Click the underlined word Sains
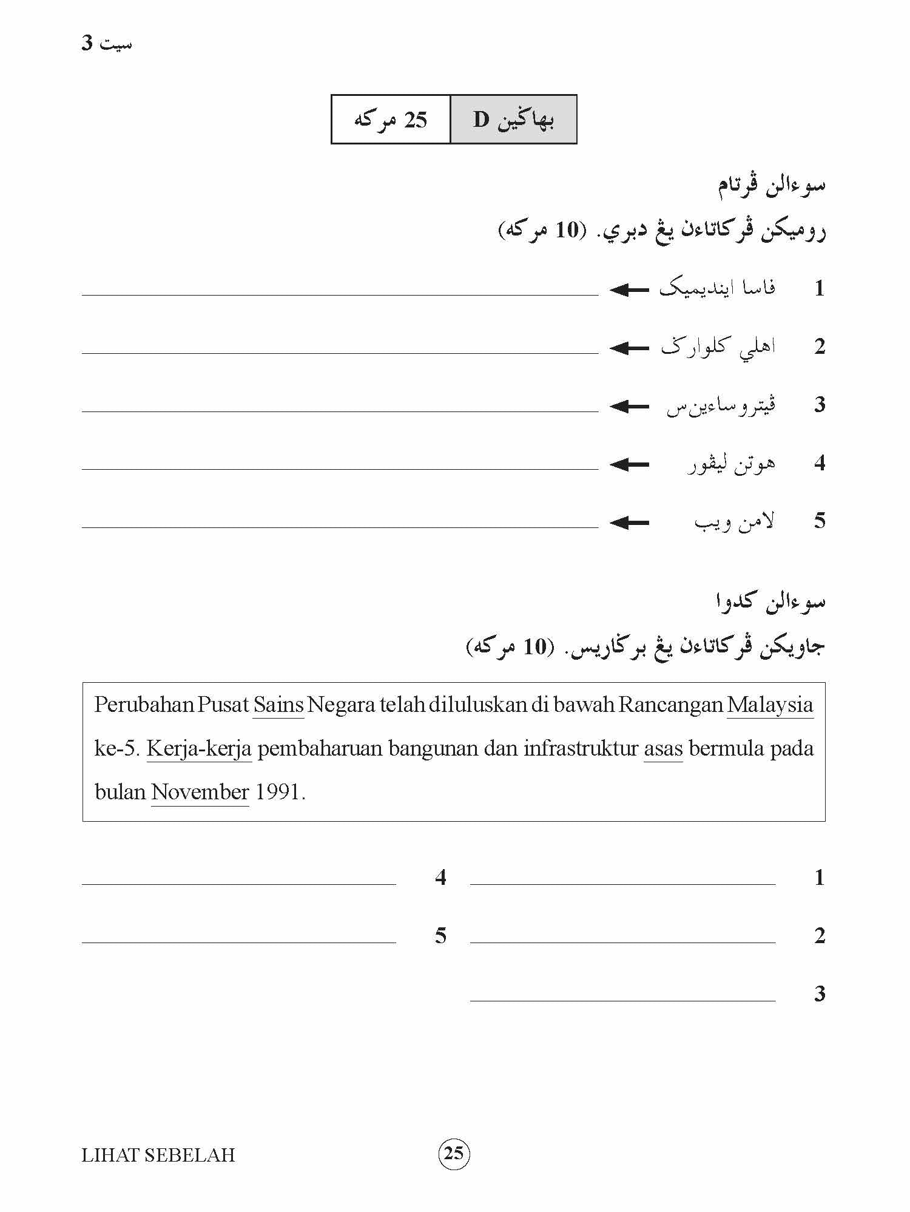[278, 705]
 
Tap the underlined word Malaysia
[770, 705]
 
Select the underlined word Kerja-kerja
[199, 749]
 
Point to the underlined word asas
[663, 749]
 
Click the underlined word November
[200, 793]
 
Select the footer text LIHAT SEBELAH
[158, 1155]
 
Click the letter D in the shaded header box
[481, 120]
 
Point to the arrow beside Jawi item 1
[630, 290]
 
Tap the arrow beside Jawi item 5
[630, 523]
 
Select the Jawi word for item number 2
[719, 348]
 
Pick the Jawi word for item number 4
[732, 464]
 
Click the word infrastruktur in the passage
[581, 749]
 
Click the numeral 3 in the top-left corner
[87, 44]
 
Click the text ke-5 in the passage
[118, 749]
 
